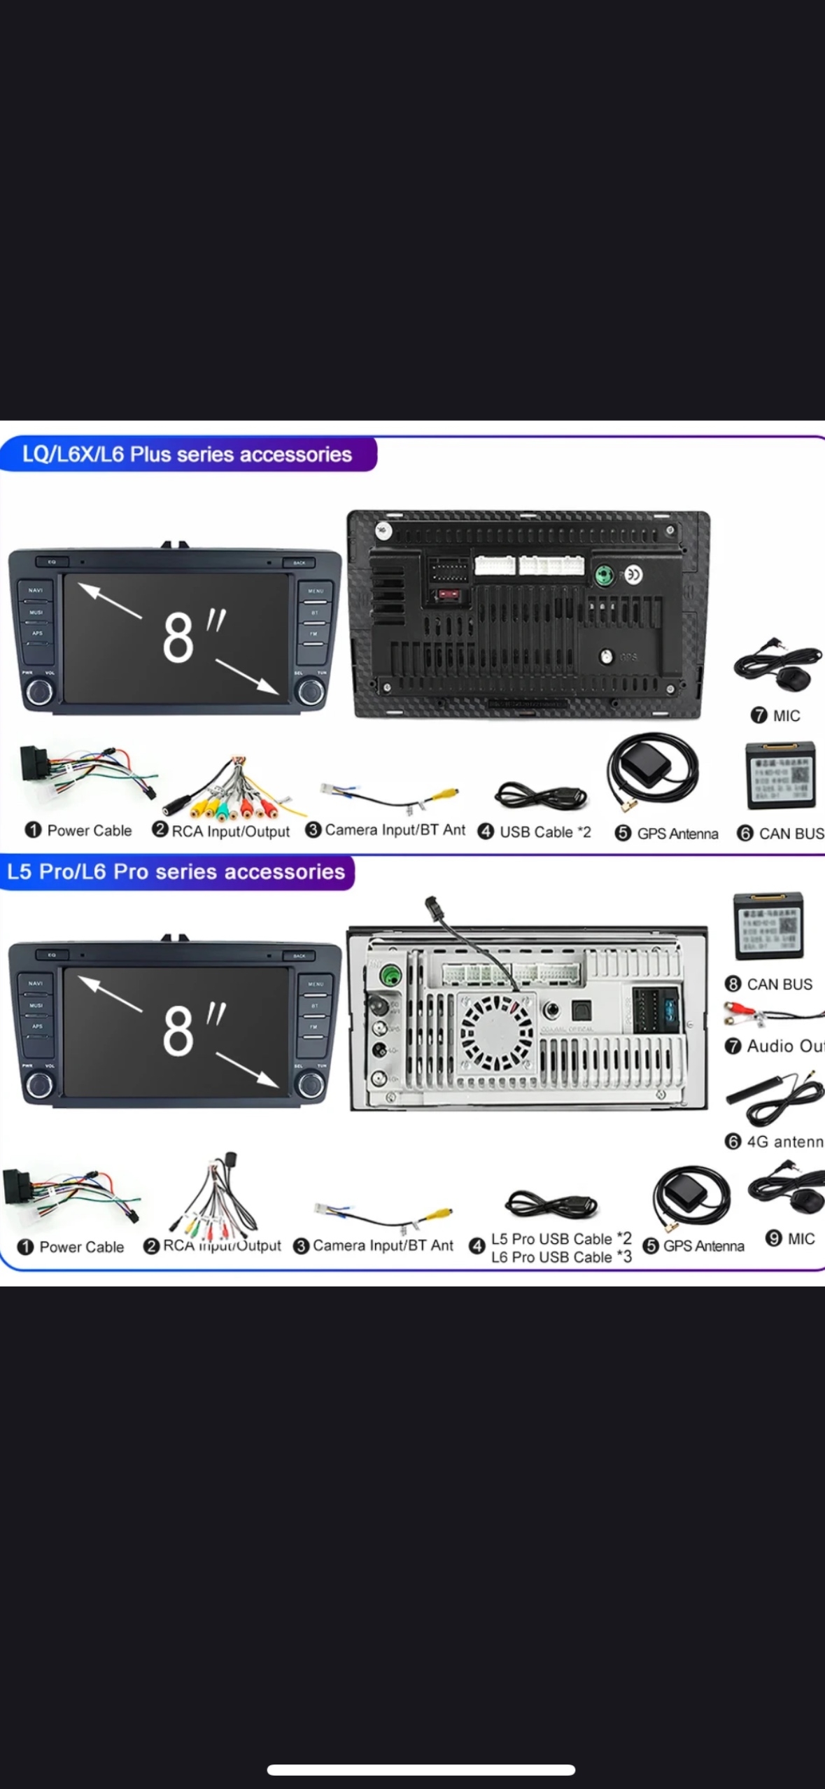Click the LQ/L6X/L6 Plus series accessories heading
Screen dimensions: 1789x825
coord(187,454)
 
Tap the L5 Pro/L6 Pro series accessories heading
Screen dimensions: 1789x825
coord(176,871)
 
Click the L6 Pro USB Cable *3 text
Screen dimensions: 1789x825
coord(561,1257)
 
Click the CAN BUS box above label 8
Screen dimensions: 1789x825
coord(768,925)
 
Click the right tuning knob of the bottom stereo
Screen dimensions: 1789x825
coord(311,1085)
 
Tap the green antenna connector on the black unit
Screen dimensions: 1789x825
coord(605,575)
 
